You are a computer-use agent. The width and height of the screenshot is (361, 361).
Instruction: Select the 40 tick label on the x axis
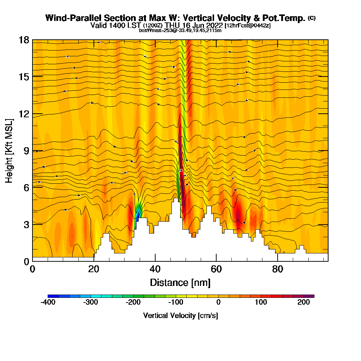tap(155, 269)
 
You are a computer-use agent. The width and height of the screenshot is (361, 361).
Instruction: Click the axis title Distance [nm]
tap(180, 282)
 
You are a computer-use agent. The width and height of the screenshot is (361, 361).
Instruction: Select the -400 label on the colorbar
tap(48, 302)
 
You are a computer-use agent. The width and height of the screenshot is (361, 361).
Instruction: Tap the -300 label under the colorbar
tap(91, 302)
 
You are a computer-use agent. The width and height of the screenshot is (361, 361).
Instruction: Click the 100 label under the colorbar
tap(261, 302)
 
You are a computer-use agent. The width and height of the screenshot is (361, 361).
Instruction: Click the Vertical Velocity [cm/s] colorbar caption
tap(180, 316)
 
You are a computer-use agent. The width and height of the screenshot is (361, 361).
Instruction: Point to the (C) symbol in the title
tap(312, 18)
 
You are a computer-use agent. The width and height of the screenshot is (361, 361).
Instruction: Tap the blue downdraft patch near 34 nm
tap(137, 217)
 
